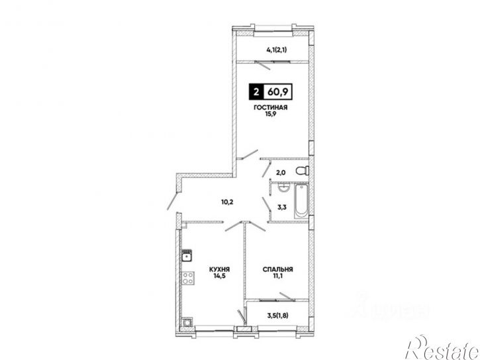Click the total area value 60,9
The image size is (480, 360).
tap(278, 91)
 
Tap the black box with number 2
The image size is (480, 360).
tap(256, 91)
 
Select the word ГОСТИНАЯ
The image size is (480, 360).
tap(270, 108)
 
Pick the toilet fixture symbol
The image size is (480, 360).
tap(303, 170)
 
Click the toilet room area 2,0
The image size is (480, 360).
tap(281, 173)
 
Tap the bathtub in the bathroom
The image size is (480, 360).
tap(301, 201)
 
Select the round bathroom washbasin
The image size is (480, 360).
tap(285, 187)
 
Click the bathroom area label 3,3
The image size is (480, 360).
tap(282, 207)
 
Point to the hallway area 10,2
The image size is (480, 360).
tap(227, 202)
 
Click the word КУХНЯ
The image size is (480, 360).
tap(220, 269)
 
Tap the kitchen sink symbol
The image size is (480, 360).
tap(187, 256)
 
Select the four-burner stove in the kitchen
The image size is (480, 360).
tap(187, 279)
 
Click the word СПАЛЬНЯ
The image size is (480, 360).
tap(277, 269)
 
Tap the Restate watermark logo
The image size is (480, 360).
tap(442, 349)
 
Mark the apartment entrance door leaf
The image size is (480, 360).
tap(172, 201)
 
